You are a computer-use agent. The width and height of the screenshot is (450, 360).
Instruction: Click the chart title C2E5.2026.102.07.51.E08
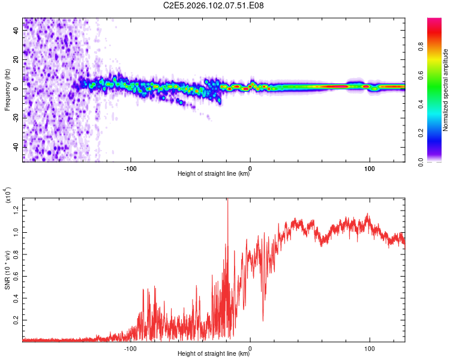pos(213,5)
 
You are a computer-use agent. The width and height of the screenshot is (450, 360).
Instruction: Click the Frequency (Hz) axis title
pos(7,90)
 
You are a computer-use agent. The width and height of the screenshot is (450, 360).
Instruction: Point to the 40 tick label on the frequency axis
pos(16,30)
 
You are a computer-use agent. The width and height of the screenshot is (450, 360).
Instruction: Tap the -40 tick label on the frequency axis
pos(16,147)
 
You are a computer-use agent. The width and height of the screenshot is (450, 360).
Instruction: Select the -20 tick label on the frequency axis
pos(16,118)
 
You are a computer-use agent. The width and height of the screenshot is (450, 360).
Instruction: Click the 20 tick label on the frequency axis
pos(16,59)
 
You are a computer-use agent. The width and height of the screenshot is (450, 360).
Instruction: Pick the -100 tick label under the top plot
pos(130,169)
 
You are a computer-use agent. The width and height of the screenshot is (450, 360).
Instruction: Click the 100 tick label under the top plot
pos(370,169)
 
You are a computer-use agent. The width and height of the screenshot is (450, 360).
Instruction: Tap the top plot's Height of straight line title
pos(214,173)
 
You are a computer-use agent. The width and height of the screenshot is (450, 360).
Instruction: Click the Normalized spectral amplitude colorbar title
pos(445,90)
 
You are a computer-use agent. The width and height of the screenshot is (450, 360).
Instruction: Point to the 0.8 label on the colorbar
pos(421,46)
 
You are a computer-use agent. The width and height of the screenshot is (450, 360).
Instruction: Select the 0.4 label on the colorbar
pos(421,104)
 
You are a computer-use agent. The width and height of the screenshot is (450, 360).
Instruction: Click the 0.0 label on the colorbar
pos(421,162)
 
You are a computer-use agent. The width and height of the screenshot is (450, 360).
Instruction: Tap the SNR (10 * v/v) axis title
pos(7,270)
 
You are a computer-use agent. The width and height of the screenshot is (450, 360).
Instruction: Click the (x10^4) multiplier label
pos(7,195)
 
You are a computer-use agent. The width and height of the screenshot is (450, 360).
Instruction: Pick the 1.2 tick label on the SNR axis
pos(16,211)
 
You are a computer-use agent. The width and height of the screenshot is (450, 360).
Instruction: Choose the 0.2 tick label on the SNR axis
pos(16,320)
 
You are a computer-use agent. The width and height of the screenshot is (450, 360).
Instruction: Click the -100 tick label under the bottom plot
pos(130,349)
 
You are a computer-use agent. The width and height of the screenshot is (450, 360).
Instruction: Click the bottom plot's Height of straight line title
pos(214,353)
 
